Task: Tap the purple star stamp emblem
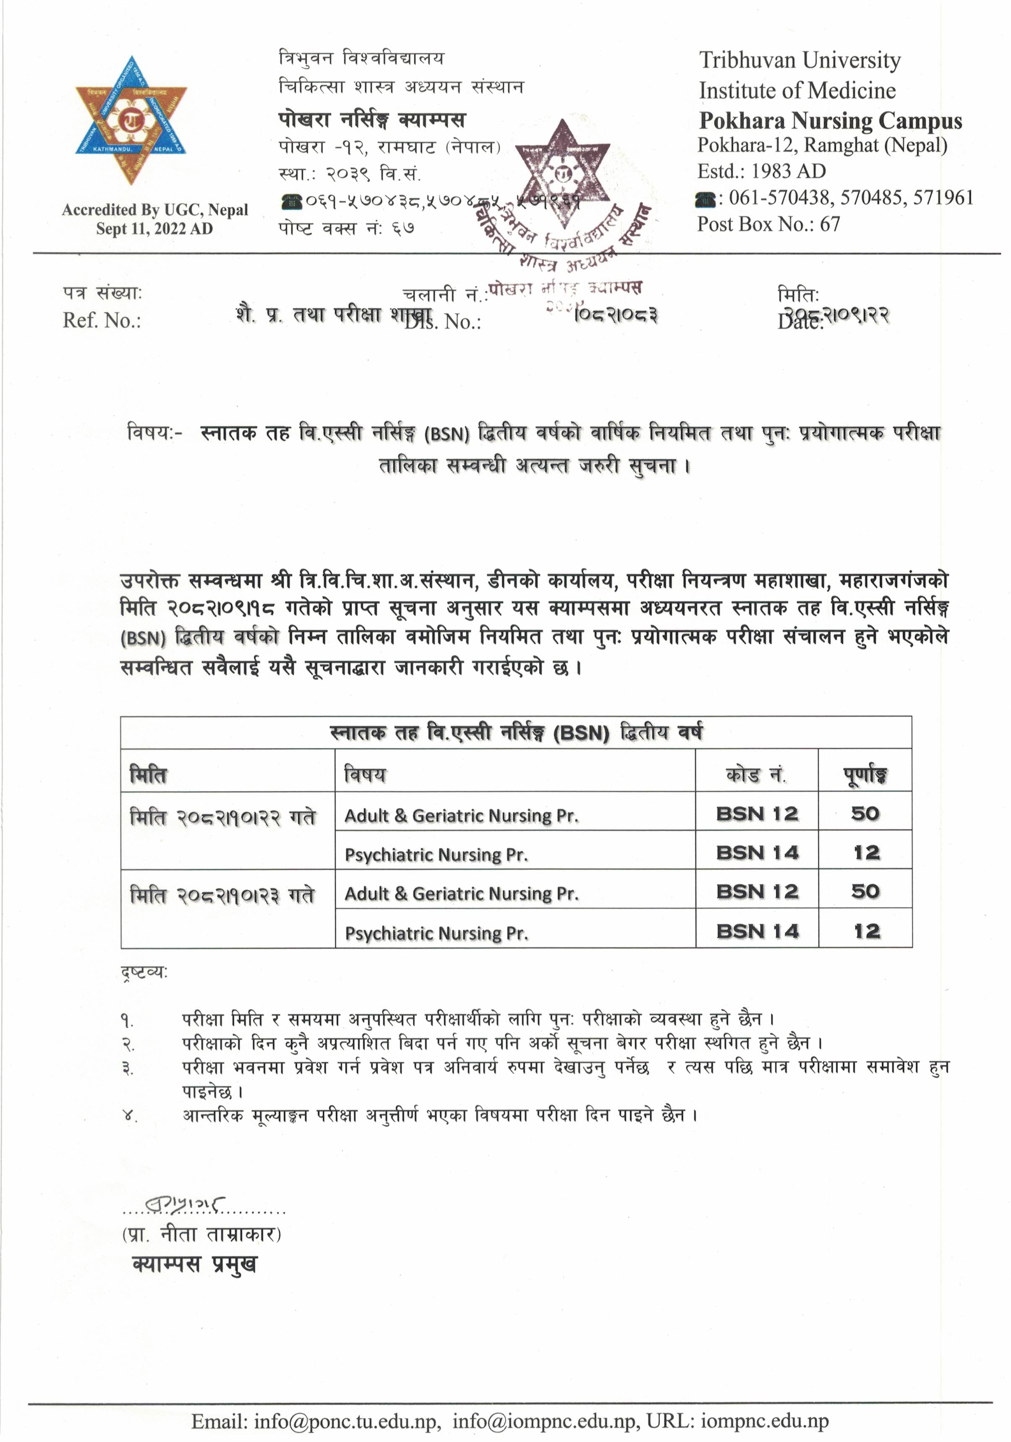[x=563, y=173]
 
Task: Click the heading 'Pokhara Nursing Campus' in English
[x=830, y=120]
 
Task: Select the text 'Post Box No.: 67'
[x=768, y=224]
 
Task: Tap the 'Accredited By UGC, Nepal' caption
[x=154, y=210]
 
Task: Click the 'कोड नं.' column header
[x=756, y=775]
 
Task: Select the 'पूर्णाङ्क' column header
[x=865, y=775]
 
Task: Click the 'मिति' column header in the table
[x=148, y=775]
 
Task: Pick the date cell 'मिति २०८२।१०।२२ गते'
[x=222, y=817]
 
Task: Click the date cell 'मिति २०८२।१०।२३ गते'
[x=222, y=895]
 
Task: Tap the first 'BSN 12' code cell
[x=757, y=814]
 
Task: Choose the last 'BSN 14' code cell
[x=757, y=931]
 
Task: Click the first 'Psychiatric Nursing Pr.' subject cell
[x=436, y=855]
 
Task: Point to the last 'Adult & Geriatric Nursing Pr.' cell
[x=461, y=894]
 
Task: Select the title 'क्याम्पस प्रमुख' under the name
[x=194, y=1264]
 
